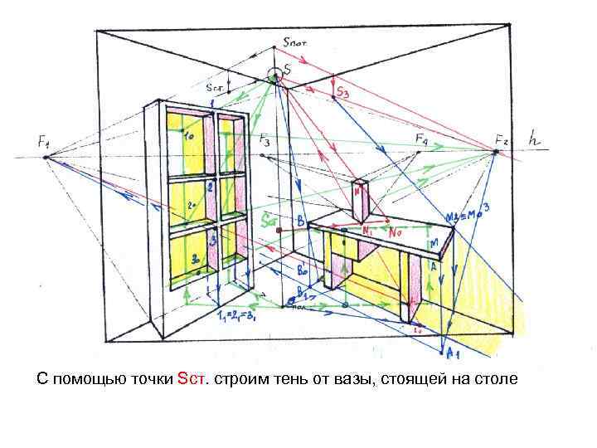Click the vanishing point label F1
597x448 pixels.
[x=44, y=143]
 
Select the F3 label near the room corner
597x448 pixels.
[x=264, y=142]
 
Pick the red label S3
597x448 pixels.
[x=342, y=94]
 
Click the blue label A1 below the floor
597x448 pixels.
[x=453, y=354]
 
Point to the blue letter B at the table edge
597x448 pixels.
[x=300, y=222]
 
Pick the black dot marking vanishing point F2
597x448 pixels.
[x=494, y=153]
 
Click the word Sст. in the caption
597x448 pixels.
[x=194, y=380]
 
